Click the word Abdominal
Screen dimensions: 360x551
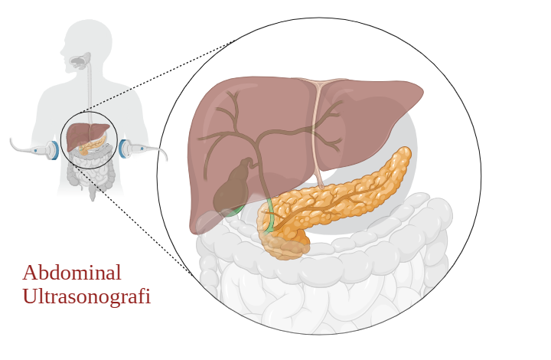pos(71,273)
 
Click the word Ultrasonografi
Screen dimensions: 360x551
pos(86,296)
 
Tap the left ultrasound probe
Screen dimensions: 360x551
pos(34,148)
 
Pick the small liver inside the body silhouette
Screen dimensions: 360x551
pos(80,135)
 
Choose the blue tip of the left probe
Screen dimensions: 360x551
pos(54,149)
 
